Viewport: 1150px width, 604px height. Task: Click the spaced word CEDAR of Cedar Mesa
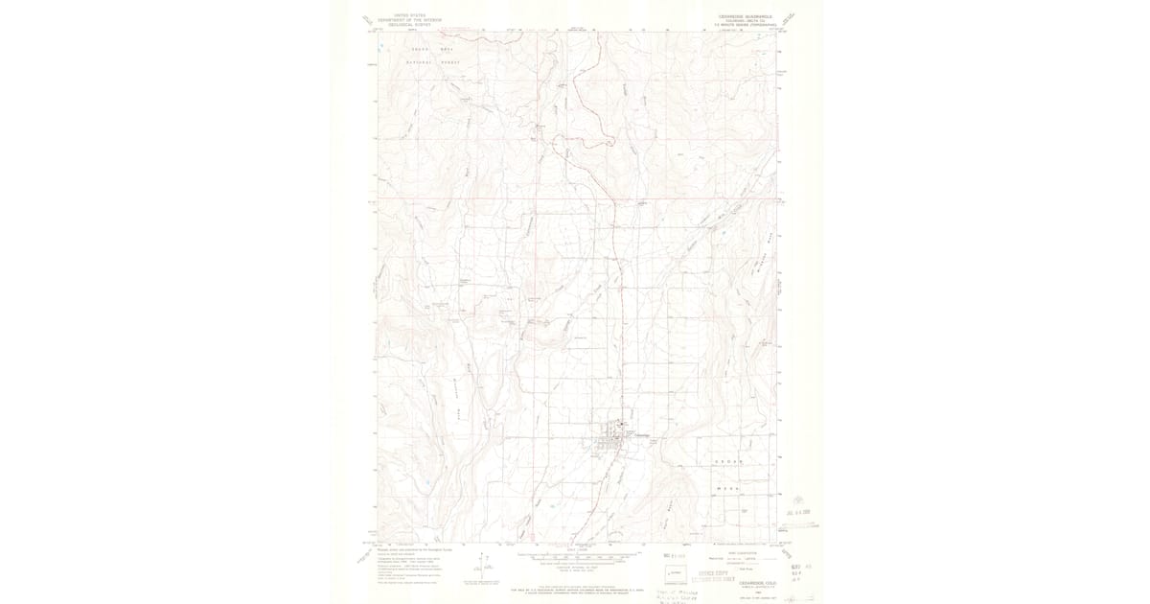pos(728,462)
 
